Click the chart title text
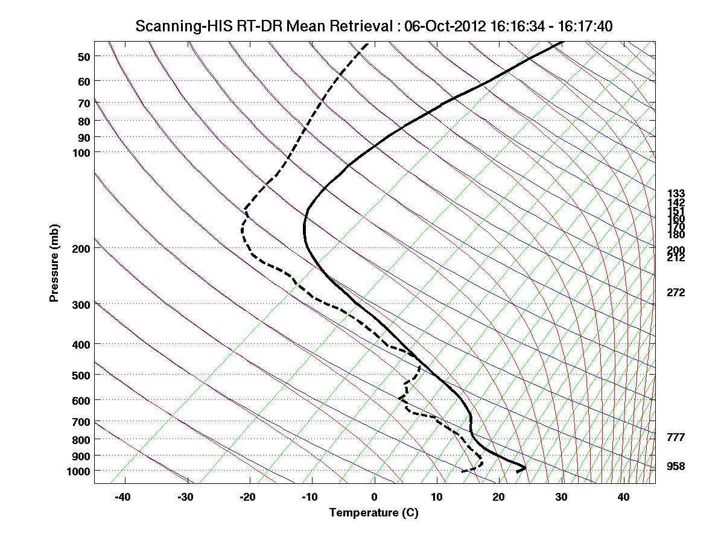point(374,26)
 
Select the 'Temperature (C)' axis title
point(373,513)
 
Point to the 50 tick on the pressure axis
point(84,57)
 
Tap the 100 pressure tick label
point(81,152)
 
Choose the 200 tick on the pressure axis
point(81,249)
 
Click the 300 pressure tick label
point(81,305)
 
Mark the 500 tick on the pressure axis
point(81,375)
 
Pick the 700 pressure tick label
point(81,422)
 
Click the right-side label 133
point(676,194)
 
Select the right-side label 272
point(676,293)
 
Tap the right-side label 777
point(676,437)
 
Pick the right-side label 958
point(676,466)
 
